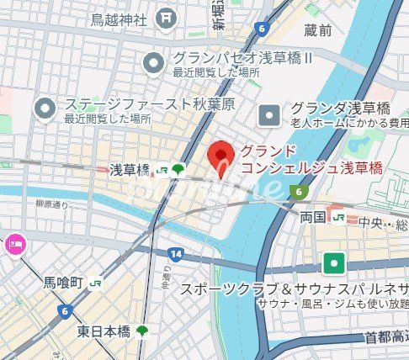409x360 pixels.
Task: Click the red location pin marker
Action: tap(220, 156)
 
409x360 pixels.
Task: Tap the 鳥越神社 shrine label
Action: tap(119, 18)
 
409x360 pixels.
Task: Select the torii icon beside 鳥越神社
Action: tap(167, 17)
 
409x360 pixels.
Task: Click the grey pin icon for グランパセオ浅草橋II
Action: tap(153, 61)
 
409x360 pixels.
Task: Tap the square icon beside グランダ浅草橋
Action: tap(268, 111)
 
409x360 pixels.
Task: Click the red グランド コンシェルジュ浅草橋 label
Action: tap(311, 160)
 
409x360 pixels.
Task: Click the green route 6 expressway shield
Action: tap(298, 192)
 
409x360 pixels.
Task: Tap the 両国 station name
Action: tap(312, 217)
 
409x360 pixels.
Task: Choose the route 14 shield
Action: tap(175, 254)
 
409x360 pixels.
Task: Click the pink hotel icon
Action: tap(14, 245)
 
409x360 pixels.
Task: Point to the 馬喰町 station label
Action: tap(63, 283)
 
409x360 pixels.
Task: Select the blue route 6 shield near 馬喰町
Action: tap(64, 310)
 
